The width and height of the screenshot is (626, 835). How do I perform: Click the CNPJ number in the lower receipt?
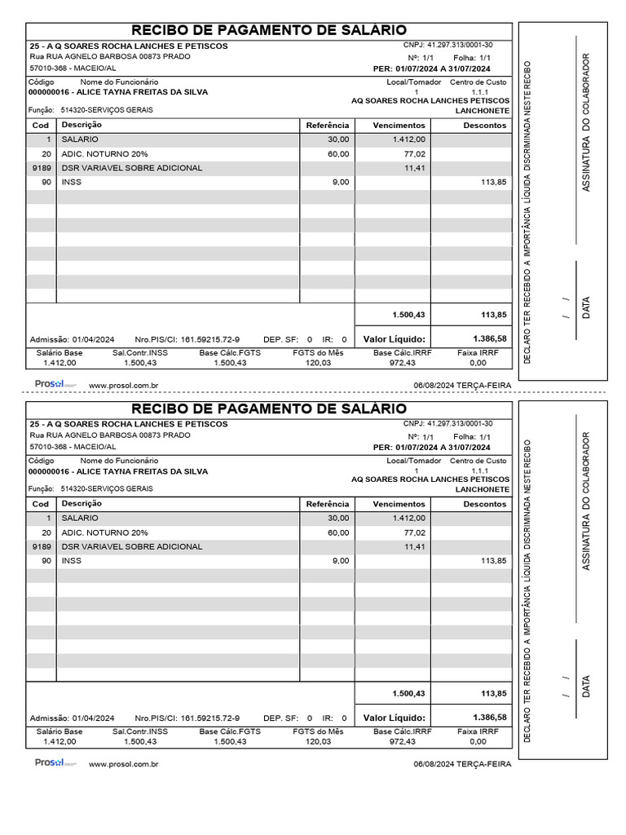pos(458,423)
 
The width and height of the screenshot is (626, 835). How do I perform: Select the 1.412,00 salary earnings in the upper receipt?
pos(408,139)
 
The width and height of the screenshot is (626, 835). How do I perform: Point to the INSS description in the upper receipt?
pos(71,182)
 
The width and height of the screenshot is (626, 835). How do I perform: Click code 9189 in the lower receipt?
pos(42,546)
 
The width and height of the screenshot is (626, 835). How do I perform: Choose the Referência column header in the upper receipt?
pos(327,126)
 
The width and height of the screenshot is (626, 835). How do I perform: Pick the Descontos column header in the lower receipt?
pos(484,505)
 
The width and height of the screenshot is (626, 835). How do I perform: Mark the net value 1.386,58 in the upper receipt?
pos(489,338)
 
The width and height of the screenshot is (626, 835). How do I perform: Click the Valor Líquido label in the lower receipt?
pos(394,718)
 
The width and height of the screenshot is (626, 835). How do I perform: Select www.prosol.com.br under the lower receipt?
pos(122,764)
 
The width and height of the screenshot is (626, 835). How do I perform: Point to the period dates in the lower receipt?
pos(443,448)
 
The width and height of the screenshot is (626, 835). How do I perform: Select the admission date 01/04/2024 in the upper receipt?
pos(93,339)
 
